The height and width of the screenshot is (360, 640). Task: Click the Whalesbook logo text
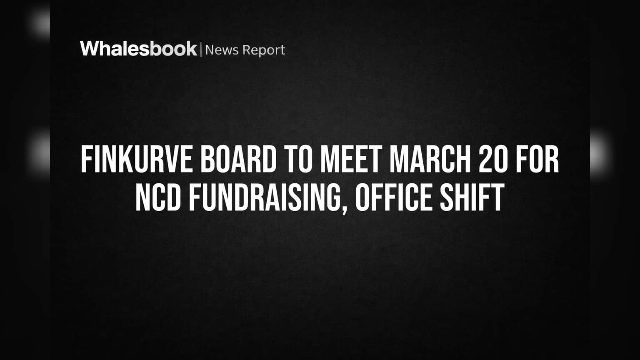click(139, 49)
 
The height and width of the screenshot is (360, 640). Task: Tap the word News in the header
click(222, 50)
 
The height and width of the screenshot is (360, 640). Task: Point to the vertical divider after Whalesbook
click(201, 49)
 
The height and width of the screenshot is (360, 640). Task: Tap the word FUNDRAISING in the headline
click(264, 197)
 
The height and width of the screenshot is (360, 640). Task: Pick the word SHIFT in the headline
click(472, 197)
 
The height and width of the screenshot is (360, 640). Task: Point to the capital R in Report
click(247, 50)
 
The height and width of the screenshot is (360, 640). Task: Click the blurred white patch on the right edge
click(600, 154)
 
